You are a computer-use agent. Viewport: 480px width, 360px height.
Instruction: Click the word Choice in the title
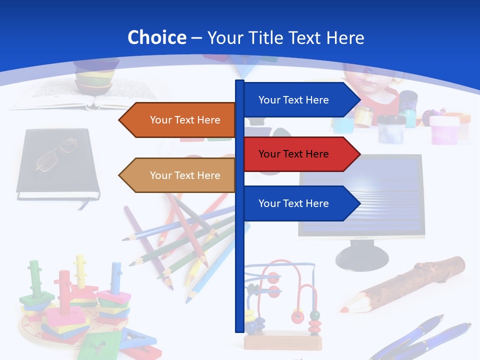[x=156, y=38]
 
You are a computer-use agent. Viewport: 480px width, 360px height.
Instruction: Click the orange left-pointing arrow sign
[x=177, y=120]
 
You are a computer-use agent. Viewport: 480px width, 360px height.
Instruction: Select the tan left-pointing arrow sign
[x=177, y=175]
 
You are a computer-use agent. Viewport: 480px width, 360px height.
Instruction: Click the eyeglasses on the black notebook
[x=56, y=154]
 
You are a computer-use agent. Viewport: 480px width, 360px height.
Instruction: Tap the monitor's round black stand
[x=361, y=258]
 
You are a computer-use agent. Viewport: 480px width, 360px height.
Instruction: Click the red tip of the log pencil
[x=344, y=309]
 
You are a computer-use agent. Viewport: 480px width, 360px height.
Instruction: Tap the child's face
[x=372, y=80]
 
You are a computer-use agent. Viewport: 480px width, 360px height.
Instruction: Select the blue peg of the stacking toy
[x=116, y=277]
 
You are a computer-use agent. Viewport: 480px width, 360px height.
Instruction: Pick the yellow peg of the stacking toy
[x=80, y=270]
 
